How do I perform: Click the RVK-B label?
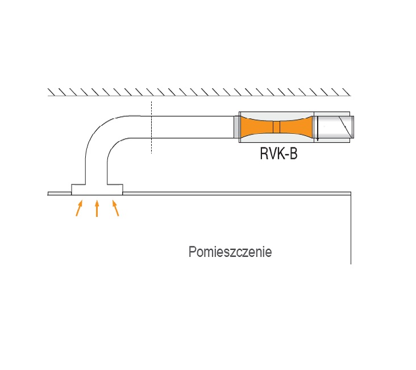[x=278, y=153]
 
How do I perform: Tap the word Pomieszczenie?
[x=230, y=252]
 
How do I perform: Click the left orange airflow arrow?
[x=79, y=208]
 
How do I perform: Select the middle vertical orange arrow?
[x=97, y=208]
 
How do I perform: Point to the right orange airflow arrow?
[x=115, y=208]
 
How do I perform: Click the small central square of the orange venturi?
[x=276, y=127]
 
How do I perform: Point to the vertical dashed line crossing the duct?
[x=152, y=128]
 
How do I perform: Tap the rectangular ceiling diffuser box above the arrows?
[x=97, y=190]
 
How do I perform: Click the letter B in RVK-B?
[x=293, y=153]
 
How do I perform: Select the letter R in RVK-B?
[x=264, y=153]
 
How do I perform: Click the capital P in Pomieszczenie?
[x=193, y=252]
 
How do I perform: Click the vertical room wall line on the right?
[x=351, y=228]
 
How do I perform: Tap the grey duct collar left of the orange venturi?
[x=236, y=127]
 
